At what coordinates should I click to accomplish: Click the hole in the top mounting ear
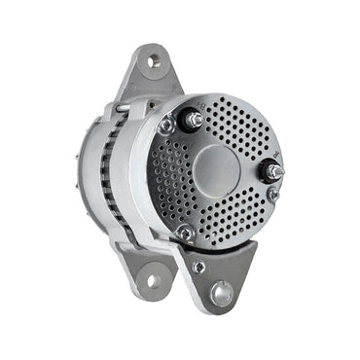pyautogui.click(x=154, y=61)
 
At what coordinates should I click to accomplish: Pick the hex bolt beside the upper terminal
pyautogui.click(x=166, y=126)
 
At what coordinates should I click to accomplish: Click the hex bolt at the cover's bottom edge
pyautogui.click(x=185, y=234)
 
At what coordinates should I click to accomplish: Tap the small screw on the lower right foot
pyautogui.click(x=198, y=266)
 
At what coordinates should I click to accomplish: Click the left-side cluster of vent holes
pyautogui.click(x=165, y=180)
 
